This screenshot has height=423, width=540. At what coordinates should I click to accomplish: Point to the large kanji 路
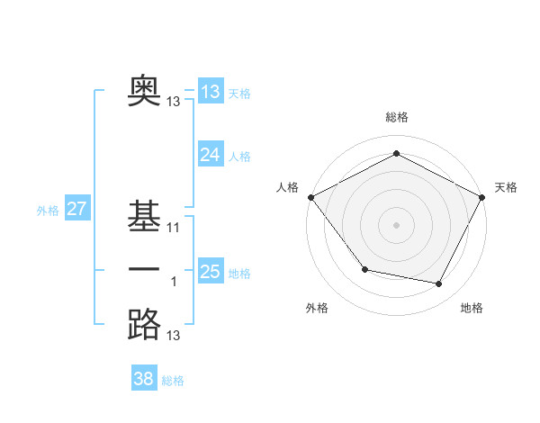pyautogui.click(x=144, y=324)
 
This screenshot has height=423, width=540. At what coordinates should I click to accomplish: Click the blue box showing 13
pyautogui.click(x=210, y=91)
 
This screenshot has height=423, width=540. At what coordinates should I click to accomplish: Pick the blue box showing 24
pyautogui.click(x=210, y=155)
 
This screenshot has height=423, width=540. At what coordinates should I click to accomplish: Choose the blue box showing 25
pyautogui.click(x=210, y=272)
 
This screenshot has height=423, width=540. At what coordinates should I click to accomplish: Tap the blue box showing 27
pyautogui.click(x=76, y=210)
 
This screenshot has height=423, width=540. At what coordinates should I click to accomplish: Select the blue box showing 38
pyautogui.click(x=144, y=379)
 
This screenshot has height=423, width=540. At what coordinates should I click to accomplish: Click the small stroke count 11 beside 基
pyautogui.click(x=174, y=228)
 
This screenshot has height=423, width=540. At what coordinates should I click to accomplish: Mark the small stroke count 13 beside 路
pyautogui.click(x=174, y=336)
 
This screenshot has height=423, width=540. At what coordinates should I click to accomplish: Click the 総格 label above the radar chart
pyautogui.click(x=397, y=117)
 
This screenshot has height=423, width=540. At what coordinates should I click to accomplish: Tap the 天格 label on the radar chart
pyautogui.click(x=506, y=187)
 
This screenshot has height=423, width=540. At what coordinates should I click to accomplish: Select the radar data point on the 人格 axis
pyautogui.click(x=311, y=196)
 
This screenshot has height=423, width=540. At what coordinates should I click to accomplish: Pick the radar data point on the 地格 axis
pyautogui.click(x=439, y=284)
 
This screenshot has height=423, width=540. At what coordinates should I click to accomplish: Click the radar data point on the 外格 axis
pyautogui.click(x=364, y=269)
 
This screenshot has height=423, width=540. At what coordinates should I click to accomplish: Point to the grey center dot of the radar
pyautogui.click(x=397, y=224)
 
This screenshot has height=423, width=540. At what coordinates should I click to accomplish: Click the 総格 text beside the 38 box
pyautogui.click(x=173, y=381)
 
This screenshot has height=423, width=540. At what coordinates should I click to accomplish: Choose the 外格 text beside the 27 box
pyautogui.click(x=48, y=211)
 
